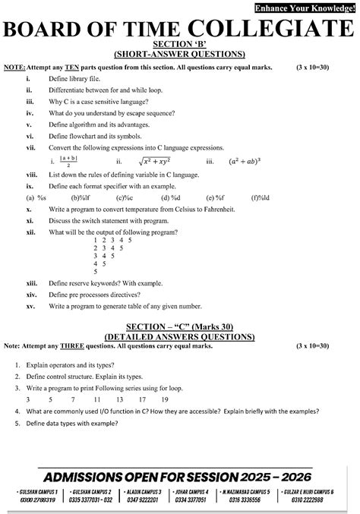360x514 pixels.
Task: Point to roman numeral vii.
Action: point(30,147)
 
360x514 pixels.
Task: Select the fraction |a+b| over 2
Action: point(68,162)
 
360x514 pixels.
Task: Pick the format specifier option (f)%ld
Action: point(260,197)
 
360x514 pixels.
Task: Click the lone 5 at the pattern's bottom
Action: point(95,271)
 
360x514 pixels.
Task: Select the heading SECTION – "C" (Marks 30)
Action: point(179,326)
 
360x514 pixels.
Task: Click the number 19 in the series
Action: point(142,398)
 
